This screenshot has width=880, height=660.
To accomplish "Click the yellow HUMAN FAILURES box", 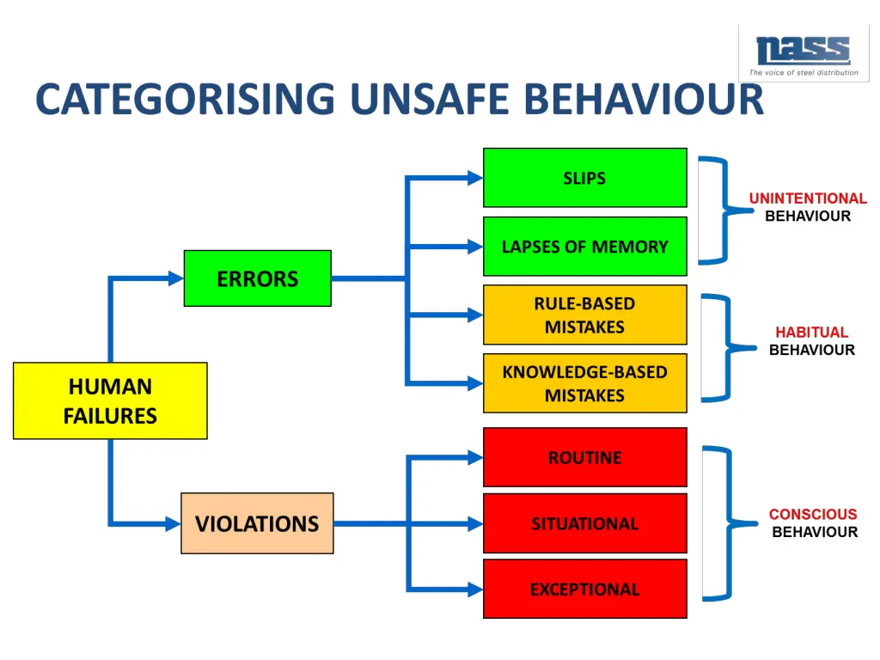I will [110, 400].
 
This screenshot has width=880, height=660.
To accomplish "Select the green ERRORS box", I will [257, 278].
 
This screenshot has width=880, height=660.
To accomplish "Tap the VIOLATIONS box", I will [257, 523].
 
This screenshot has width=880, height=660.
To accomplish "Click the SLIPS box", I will [584, 178].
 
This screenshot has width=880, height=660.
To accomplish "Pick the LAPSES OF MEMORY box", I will [584, 247].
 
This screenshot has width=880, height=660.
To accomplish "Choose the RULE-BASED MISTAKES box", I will [584, 315].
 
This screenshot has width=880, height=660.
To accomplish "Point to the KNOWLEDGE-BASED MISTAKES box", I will [584, 383].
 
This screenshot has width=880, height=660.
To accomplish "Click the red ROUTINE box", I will [584, 457].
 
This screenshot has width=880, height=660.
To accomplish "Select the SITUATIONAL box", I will [584, 523].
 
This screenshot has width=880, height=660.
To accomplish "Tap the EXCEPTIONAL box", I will [584, 589].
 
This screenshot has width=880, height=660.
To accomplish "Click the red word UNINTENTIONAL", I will [808, 199].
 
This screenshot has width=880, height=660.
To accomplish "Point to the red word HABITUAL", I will [811, 332].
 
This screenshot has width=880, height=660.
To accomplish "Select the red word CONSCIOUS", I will [813, 514].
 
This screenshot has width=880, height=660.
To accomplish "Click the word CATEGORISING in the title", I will [186, 99].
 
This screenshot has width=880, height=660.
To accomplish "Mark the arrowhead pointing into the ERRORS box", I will [175, 278].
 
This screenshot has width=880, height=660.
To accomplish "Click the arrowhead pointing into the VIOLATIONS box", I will [173, 523].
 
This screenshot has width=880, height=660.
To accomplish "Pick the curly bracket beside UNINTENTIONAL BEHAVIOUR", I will [718, 211].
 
